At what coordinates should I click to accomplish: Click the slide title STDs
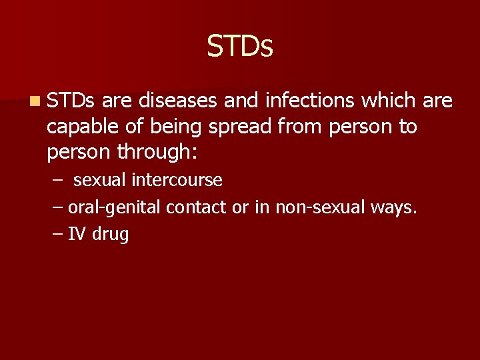pyautogui.click(x=240, y=46)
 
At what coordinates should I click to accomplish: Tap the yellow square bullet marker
pyautogui.click(x=33, y=101)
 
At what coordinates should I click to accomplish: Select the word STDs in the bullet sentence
pyautogui.click(x=71, y=101)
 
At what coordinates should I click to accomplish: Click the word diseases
pyautogui.click(x=177, y=101)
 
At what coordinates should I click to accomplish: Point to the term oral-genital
pyautogui.click(x=115, y=208)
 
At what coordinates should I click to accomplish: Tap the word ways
pyautogui.click(x=395, y=208)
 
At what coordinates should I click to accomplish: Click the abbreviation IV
pyautogui.click(x=77, y=235)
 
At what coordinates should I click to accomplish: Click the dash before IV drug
pyautogui.click(x=57, y=235)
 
